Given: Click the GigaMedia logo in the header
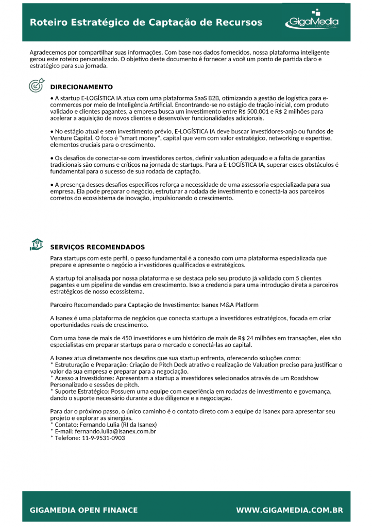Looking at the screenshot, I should coord(312,21).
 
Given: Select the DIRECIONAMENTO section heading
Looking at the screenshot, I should coord(81,87).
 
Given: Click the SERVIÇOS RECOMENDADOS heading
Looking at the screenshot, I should coord(97,247).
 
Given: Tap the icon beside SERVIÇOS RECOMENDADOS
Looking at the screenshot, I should coord(37,245).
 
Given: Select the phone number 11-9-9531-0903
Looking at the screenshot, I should coord(103,438).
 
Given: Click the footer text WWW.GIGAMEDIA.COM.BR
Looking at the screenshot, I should coord(290,511).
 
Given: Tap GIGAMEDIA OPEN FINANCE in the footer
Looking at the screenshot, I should coord(84,511).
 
